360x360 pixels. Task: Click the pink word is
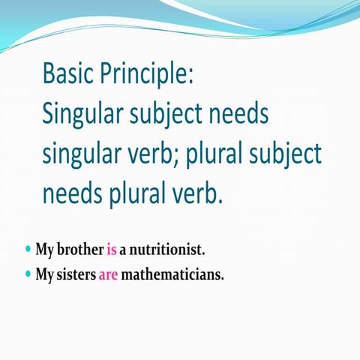(112, 248)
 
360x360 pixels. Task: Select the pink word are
(108, 274)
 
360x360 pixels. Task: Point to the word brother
(82, 248)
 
